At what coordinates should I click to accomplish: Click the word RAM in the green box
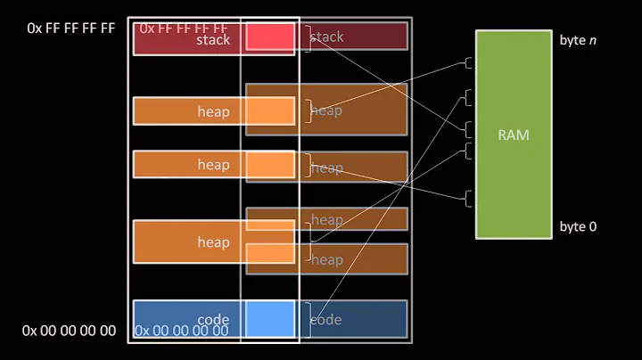[514, 135]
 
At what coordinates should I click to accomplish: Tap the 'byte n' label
[578, 41]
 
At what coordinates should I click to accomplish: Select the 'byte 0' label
[578, 226]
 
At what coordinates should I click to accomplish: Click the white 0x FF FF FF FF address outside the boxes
[71, 28]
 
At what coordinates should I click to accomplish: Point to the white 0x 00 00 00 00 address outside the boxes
[69, 331]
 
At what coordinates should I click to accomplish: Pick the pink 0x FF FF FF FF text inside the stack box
[183, 29]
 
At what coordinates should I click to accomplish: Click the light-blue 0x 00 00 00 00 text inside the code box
[181, 331]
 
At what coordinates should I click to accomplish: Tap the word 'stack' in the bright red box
[213, 39]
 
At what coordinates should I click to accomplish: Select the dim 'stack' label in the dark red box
[326, 37]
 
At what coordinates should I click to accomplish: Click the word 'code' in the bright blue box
[213, 320]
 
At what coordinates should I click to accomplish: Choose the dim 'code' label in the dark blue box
[325, 320]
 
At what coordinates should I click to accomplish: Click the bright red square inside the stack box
[269, 37]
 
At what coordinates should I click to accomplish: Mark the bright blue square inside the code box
[269, 319]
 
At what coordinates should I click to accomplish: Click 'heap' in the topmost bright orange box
[213, 111]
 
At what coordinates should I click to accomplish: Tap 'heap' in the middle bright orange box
[213, 165]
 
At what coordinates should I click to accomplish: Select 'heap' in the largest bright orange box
[213, 241]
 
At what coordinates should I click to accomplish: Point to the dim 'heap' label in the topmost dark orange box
[326, 110]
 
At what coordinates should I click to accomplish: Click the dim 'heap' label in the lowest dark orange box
[326, 259]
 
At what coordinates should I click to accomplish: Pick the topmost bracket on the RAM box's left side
[469, 62]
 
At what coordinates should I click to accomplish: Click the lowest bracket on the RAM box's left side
[469, 199]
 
